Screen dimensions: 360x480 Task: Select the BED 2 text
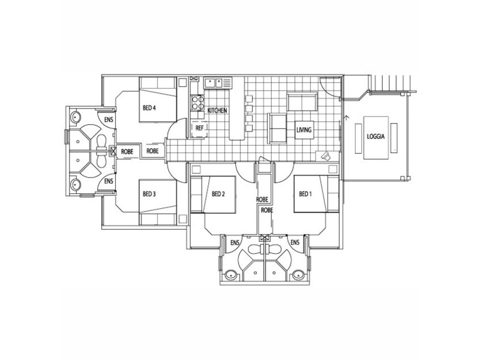point(218,194)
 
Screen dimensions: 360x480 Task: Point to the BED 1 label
point(305,194)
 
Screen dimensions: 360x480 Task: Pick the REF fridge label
point(199,128)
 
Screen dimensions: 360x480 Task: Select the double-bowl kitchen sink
point(213,83)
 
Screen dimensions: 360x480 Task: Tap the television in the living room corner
point(326,155)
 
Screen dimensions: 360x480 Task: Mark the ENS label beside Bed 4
point(107,119)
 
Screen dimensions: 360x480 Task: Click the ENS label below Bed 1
point(295,242)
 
